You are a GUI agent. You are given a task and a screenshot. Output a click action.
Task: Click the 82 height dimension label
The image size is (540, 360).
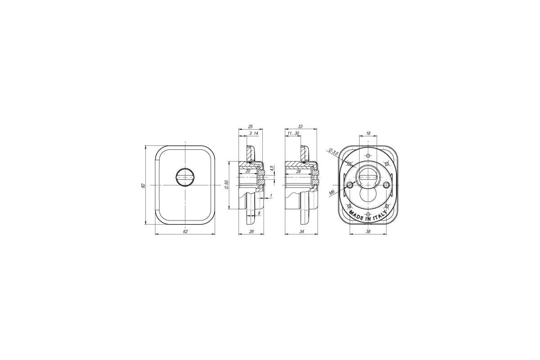click(x=143, y=186)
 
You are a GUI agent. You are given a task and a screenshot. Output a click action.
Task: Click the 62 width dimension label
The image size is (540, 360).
click(x=185, y=231)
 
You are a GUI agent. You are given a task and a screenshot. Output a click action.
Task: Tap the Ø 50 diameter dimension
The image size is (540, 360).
click(x=226, y=184)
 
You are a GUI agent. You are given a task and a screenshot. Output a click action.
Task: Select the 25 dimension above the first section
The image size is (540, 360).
click(x=251, y=126)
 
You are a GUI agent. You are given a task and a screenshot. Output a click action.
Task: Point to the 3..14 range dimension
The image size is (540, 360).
click(x=254, y=133)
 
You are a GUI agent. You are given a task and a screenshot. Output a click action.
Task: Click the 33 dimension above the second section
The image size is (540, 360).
click(x=301, y=126)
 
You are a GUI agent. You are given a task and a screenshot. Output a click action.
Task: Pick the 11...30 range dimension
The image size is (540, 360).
click(x=293, y=133)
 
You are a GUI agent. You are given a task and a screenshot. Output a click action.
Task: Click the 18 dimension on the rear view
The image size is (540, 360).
click(x=368, y=133)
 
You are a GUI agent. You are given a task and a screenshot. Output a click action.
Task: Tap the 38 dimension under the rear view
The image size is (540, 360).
click(x=368, y=231)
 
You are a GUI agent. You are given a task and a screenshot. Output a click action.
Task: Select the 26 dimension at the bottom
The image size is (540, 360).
click(x=252, y=231)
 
